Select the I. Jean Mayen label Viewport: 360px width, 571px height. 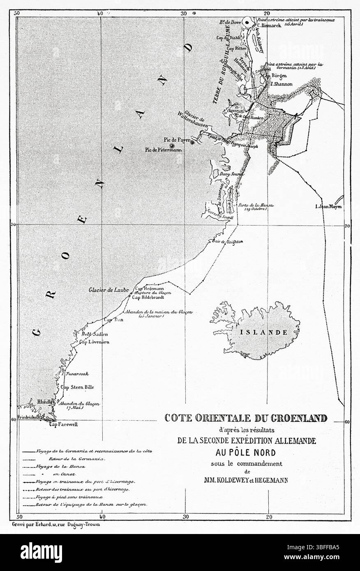328,207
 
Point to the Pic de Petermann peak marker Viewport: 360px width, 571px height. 173,145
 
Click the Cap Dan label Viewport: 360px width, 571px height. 110,319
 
